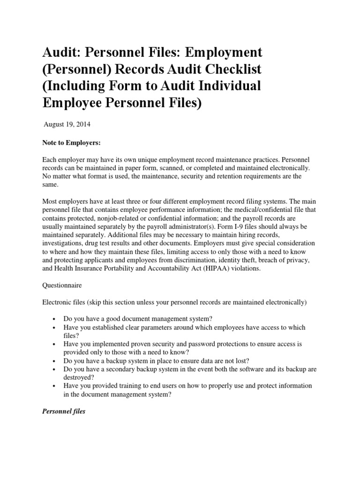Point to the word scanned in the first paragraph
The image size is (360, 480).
point(174,168)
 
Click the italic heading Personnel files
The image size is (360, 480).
point(64,411)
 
